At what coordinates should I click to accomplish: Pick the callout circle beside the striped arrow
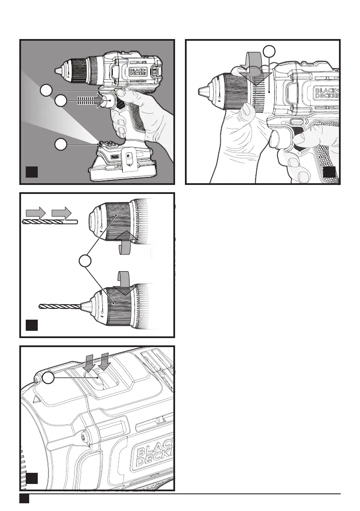click(61, 101)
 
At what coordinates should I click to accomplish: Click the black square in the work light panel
click(32, 172)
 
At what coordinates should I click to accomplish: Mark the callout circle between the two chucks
click(86, 260)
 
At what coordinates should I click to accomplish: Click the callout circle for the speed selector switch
click(48, 378)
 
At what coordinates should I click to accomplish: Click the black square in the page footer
click(24, 499)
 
